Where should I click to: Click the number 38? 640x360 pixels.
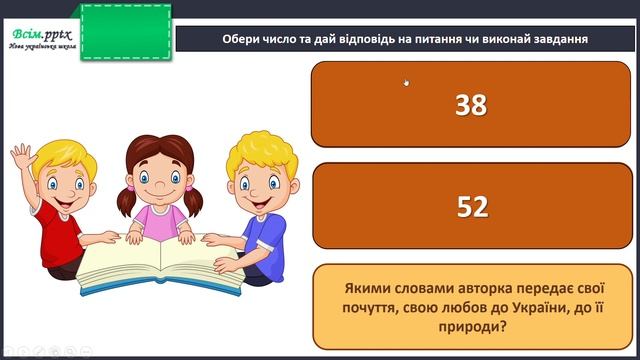(470, 105)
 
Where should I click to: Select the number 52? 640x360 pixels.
(471, 206)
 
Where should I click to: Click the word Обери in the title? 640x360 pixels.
(241, 39)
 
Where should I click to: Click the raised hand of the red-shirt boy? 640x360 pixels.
(22, 158)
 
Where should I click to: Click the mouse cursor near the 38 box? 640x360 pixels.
(406, 83)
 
